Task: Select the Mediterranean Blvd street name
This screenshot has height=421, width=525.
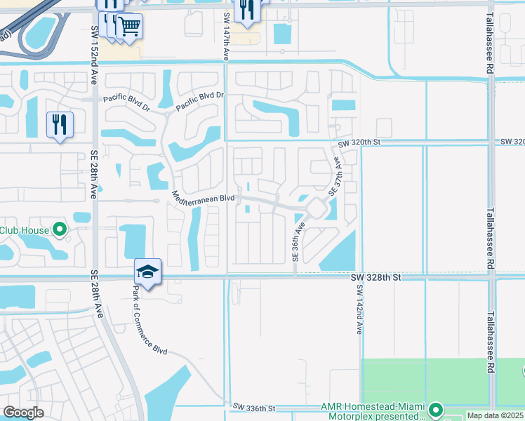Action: (x=203, y=199)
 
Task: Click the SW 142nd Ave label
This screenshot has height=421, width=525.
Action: (x=359, y=309)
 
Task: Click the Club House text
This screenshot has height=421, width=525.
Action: (x=25, y=230)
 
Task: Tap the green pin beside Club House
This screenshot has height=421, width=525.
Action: (x=60, y=229)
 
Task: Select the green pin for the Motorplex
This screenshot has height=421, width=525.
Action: (x=436, y=409)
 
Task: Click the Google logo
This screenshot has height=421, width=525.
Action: (x=23, y=413)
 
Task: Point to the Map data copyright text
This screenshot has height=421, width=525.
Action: (x=496, y=415)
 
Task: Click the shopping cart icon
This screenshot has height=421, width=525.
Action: (x=129, y=27)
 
